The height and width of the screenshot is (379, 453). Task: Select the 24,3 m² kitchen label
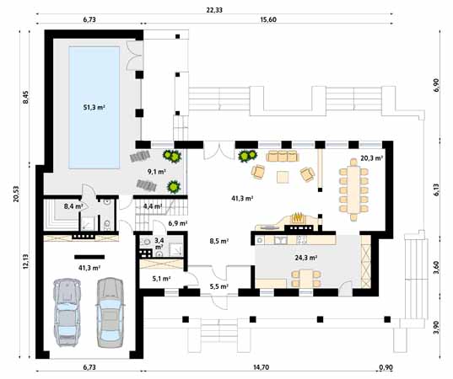305,258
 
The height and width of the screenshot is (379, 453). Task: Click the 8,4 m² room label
73,205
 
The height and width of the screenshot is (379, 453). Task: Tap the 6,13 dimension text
437,190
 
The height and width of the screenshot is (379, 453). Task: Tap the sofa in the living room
281,156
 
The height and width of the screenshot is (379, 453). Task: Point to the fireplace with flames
298,221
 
